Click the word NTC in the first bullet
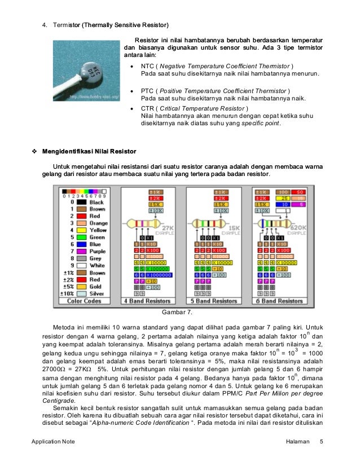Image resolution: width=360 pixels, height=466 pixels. tap(148, 66)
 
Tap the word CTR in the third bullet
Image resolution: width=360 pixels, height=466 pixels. tap(148, 108)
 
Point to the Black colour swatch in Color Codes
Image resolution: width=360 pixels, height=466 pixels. tap(81, 202)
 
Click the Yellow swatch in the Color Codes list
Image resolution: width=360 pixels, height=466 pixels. tap(81, 230)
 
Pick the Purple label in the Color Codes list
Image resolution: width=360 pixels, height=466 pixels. tap(97, 251)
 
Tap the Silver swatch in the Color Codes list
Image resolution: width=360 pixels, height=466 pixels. tap(81, 293)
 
